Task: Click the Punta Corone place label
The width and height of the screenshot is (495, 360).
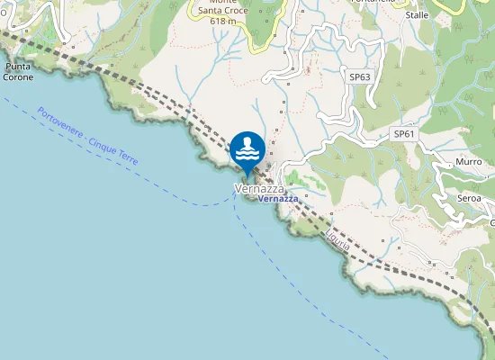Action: [19, 72]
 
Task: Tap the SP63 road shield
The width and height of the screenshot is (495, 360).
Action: [360, 77]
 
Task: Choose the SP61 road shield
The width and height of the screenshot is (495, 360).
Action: [404, 134]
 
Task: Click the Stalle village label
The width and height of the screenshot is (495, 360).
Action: [417, 15]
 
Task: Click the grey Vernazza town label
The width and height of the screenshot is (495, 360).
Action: [260, 189]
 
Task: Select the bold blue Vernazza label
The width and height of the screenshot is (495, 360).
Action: [277, 199]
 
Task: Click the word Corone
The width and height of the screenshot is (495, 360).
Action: [19, 77]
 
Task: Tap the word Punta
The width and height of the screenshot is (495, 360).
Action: [19, 67]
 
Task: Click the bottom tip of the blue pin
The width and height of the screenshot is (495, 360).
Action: [247, 175]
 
